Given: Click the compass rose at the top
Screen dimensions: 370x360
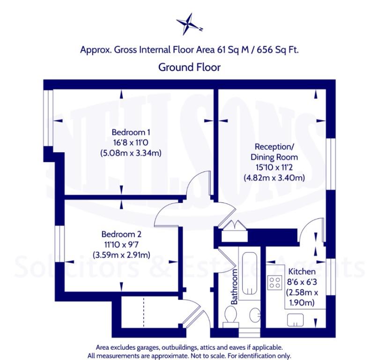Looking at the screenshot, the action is click(x=189, y=24).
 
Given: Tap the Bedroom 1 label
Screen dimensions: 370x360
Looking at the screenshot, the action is click(x=131, y=132).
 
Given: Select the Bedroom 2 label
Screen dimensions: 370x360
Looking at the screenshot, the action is click(x=121, y=234).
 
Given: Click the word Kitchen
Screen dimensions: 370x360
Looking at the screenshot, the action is click(x=302, y=271).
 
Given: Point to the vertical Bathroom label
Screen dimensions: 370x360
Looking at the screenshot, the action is click(x=234, y=286).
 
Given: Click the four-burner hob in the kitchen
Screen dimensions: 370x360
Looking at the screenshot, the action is click(x=275, y=283).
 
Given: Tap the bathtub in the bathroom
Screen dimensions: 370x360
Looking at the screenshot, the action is click(x=250, y=273).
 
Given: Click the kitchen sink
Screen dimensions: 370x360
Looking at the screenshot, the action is click(x=295, y=320).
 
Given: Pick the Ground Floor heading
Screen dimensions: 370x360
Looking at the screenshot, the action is click(x=190, y=67).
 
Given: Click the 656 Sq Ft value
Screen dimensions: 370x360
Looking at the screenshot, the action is click(x=277, y=50).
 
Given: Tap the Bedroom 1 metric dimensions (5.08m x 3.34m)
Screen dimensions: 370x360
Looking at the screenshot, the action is click(x=131, y=153).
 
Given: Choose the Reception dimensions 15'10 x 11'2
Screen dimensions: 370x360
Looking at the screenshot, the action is click(x=274, y=167).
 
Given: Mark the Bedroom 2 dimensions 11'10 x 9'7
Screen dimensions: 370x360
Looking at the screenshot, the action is click(x=121, y=245).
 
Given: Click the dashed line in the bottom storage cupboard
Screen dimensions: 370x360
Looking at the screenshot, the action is click(x=143, y=312).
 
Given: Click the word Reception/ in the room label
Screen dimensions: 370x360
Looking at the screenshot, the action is click(x=274, y=147).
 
